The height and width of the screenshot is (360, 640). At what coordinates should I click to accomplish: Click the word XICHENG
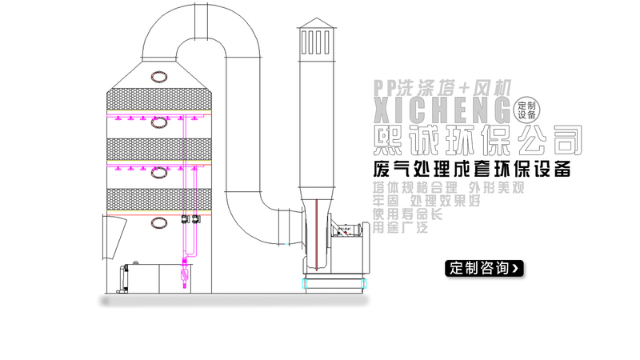coord(441,108)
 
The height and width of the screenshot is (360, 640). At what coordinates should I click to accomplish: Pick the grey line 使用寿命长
coord(406,214)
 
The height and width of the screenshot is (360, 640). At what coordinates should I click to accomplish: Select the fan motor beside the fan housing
coord(352,232)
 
